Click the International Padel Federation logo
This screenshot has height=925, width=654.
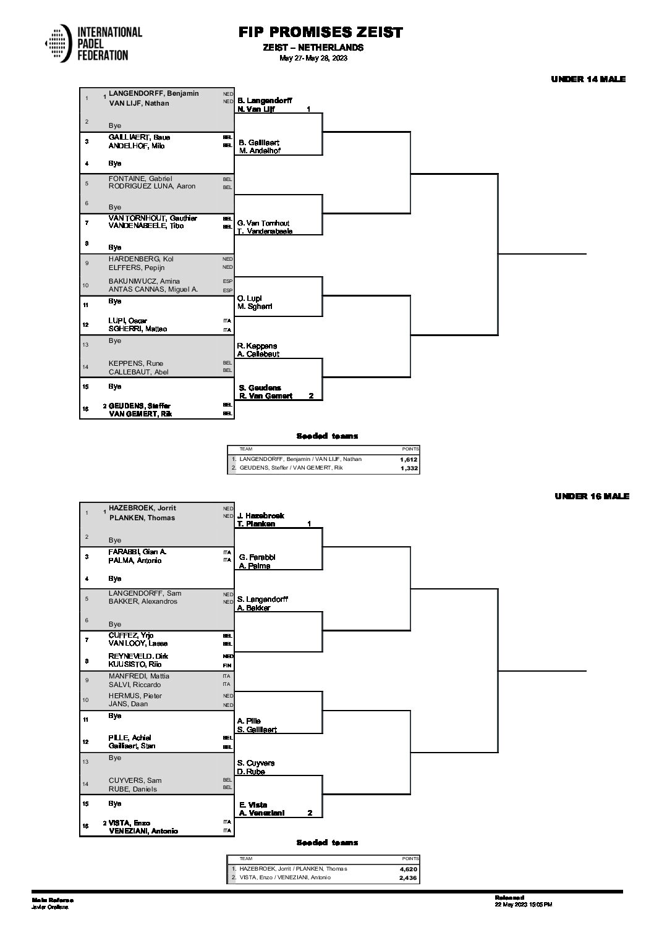coord(93,43)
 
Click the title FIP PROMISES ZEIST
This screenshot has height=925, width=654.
coord(320,33)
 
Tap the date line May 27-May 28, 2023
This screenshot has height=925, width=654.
coord(313,58)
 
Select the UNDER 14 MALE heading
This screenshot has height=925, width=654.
coord(588,79)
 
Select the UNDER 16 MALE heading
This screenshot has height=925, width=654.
coord(592,496)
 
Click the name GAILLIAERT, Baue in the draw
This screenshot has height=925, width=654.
coord(139,137)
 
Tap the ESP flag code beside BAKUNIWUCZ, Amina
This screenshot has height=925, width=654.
coord(227,282)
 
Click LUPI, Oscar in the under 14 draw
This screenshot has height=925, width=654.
coord(128,321)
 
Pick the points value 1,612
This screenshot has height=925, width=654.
coord(409,460)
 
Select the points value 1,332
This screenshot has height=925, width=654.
coord(409,469)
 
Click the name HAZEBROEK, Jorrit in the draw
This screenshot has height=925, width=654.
coord(142,508)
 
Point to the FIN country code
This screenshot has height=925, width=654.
coord(227,665)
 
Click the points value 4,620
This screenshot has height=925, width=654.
coord(409,869)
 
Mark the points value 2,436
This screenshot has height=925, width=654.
coord(409,878)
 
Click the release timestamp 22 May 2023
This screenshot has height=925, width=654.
coord(523,904)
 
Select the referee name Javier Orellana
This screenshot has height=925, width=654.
coord(50,906)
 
